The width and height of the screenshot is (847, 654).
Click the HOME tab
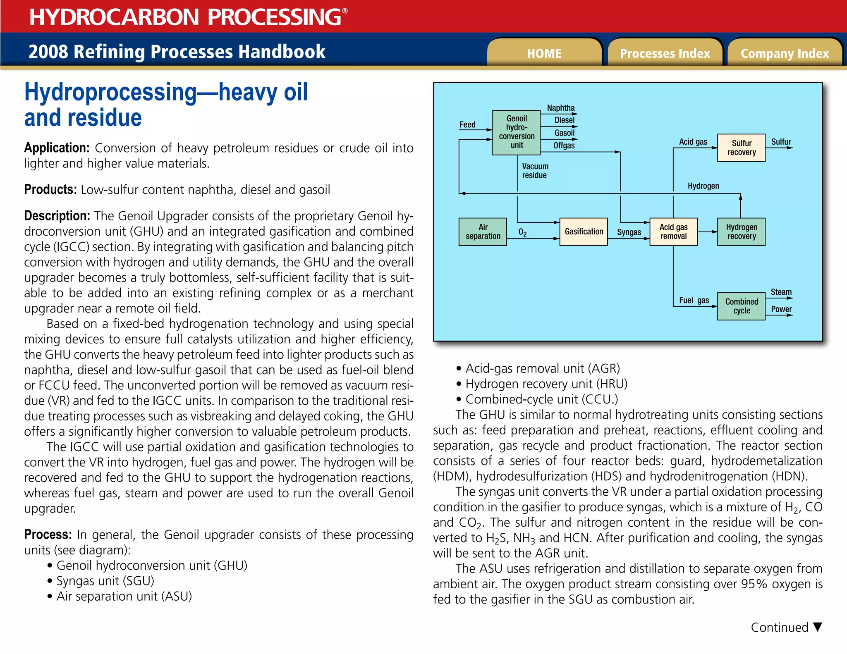(544, 53)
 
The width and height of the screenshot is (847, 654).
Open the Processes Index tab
(665, 53)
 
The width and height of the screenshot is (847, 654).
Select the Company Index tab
(785, 53)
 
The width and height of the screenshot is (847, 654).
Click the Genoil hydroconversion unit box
(517, 132)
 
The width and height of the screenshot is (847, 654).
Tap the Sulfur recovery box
(741, 148)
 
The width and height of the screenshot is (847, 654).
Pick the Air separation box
(483, 232)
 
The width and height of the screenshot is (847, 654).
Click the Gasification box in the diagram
(584, 232)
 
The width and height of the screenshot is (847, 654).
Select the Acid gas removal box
(673, 232)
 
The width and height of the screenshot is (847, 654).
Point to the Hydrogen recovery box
(741, 232)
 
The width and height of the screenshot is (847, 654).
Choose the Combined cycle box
(741, 306)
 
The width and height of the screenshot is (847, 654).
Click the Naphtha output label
(561, 108)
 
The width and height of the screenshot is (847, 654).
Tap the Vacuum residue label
(535, 171)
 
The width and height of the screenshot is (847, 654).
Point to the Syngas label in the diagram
(629, 232)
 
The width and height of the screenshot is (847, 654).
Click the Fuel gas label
(694, 300)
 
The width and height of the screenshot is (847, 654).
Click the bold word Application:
(57, 148)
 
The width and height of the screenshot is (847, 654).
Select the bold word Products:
(50, 190)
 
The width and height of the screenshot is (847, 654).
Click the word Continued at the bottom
(779, 628)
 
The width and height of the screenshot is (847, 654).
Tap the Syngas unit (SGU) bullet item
(105, 581)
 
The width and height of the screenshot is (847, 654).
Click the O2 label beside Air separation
(522, 232)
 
